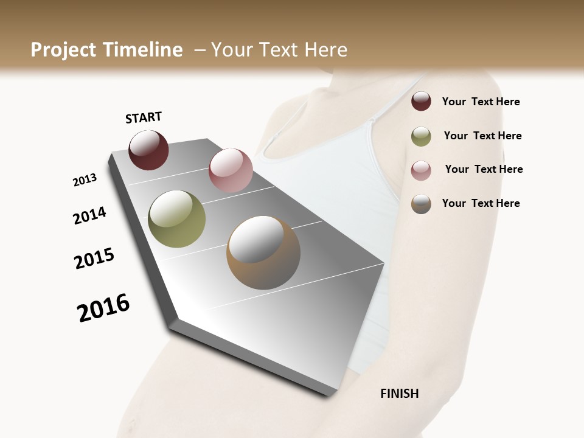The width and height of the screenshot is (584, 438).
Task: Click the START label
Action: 144,117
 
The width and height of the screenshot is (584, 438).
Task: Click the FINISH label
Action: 399,394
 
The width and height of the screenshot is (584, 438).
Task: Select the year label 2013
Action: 85,180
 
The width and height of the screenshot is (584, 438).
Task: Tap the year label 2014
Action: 89,215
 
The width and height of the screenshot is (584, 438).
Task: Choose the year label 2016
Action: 103,308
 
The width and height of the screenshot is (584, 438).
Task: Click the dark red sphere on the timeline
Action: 148,150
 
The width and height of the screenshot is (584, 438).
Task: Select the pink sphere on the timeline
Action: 231,170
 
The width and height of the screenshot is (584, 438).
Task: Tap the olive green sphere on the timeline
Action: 176,219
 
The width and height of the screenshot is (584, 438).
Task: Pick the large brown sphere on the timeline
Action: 263,252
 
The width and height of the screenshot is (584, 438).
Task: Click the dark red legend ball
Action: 421,102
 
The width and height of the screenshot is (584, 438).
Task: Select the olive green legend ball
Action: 421,136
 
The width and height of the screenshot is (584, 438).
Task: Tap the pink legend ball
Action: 421,170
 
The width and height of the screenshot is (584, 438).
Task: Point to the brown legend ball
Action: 421,204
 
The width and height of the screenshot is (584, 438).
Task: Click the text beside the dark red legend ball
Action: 481,102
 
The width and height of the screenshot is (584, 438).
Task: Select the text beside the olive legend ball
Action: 482,136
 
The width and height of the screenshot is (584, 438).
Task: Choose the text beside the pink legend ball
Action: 484,169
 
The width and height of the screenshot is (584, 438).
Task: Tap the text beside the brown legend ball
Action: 481,203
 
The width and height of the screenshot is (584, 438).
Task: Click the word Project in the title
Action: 63,50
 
